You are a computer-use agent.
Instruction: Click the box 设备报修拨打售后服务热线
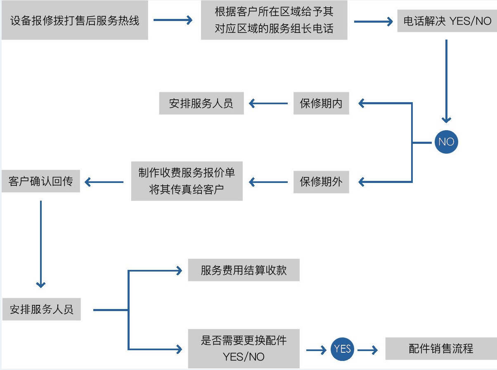coord(75,21)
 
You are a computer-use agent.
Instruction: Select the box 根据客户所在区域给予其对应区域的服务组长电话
coord(274,21)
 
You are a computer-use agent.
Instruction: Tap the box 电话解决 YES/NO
coord(447,21)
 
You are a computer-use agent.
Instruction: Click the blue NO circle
coord(446,142)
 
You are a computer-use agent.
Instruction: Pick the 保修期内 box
coord(321,103)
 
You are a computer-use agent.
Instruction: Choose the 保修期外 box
coord(321,182)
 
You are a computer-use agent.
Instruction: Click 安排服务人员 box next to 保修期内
coord(201,103)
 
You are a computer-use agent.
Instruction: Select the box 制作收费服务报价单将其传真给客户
coord(187,181)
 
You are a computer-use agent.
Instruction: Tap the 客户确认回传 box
coord(40,181)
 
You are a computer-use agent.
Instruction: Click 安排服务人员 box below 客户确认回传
coord(41,309)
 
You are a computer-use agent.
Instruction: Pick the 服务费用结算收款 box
coord(244,270)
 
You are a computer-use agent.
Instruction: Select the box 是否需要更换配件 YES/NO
coord(244,348)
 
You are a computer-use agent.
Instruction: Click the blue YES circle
coord(342,349)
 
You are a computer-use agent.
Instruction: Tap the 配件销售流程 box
coord(441,349)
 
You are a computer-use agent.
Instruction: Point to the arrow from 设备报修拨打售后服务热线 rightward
coord(173,20)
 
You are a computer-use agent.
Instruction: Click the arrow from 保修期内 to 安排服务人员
coord(268,103)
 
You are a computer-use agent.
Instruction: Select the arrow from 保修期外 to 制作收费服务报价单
coord(268,182)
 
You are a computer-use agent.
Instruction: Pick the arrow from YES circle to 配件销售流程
coord(367,350)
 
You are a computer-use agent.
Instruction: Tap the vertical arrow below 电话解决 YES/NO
coord(446,81)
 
